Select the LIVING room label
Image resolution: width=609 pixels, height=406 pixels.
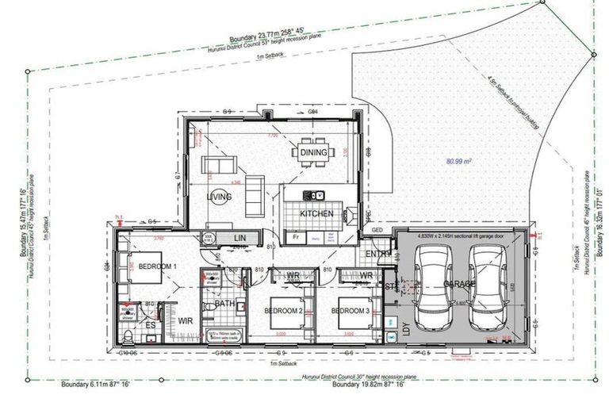click(x=220, y=196)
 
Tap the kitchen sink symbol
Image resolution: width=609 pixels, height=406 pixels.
click(x=315, y=195)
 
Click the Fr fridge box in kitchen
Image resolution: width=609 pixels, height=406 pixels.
click(x=296, y=237)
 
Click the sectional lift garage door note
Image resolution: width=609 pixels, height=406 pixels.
click(x=459, y=236)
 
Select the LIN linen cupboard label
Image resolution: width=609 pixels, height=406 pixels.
click(x=239, y=238)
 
